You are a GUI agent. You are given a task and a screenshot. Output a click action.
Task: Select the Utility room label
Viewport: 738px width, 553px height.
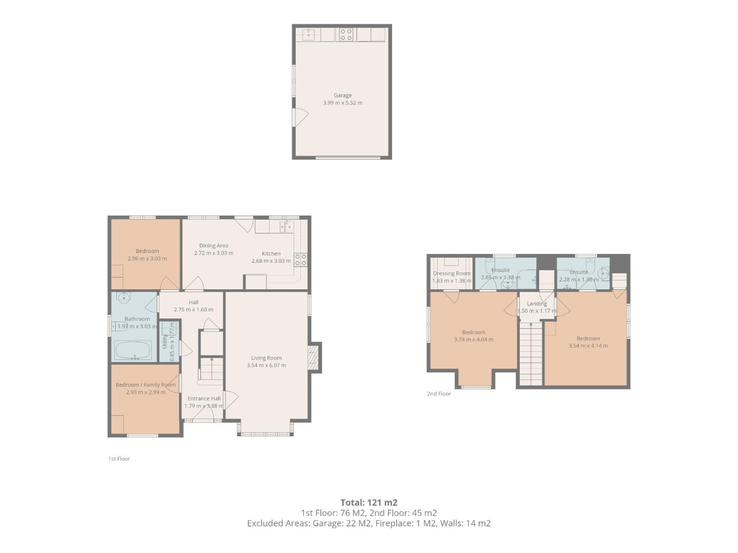point(165,342)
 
